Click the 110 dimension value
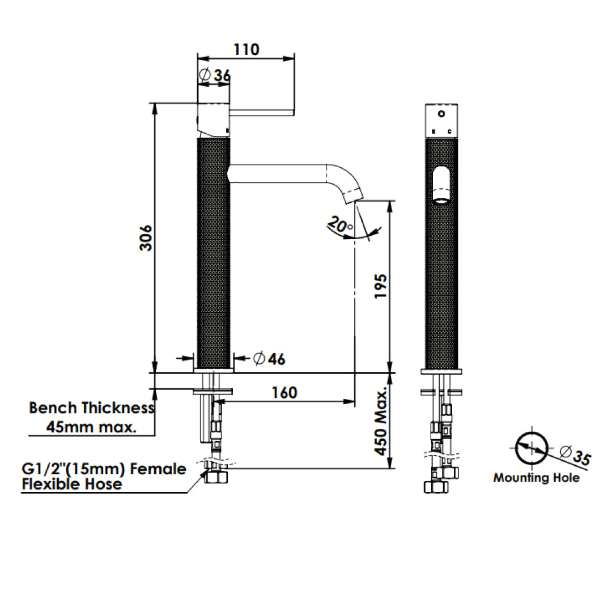(x=246, y=49)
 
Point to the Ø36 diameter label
(x=215, y=75)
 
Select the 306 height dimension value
(x=146, y=237)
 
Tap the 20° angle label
(x=339, y=225)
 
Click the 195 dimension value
(x=381, y=287)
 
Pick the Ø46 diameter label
(x=269, y=359)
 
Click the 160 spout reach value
(x=284, y=393)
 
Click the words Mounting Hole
(x=536, y=478)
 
